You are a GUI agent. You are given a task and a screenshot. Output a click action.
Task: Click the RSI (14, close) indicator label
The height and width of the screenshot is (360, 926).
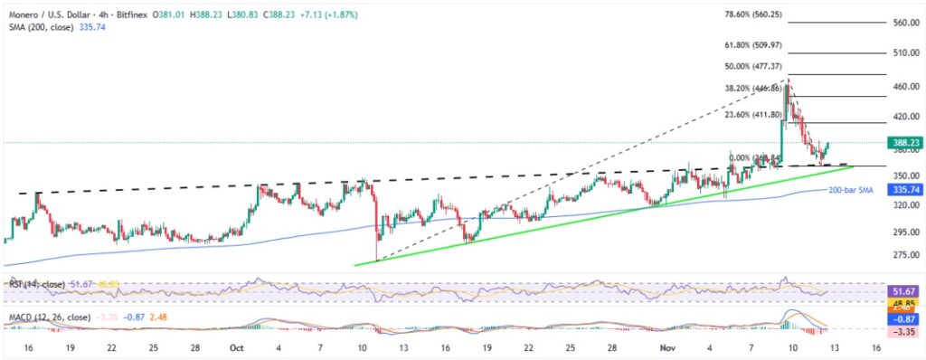pyautogui.click(x=37, y=285)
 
